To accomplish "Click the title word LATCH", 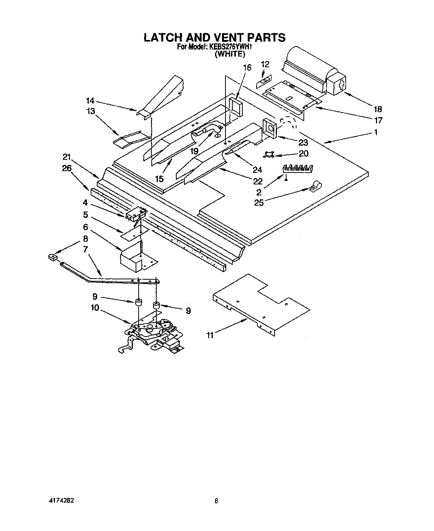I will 163,37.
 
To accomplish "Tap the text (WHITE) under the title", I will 229,54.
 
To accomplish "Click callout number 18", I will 378,109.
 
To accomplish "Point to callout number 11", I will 210,335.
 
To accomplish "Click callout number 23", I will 303,142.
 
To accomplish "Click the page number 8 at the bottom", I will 217,501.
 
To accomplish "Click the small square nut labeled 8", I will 53,257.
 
